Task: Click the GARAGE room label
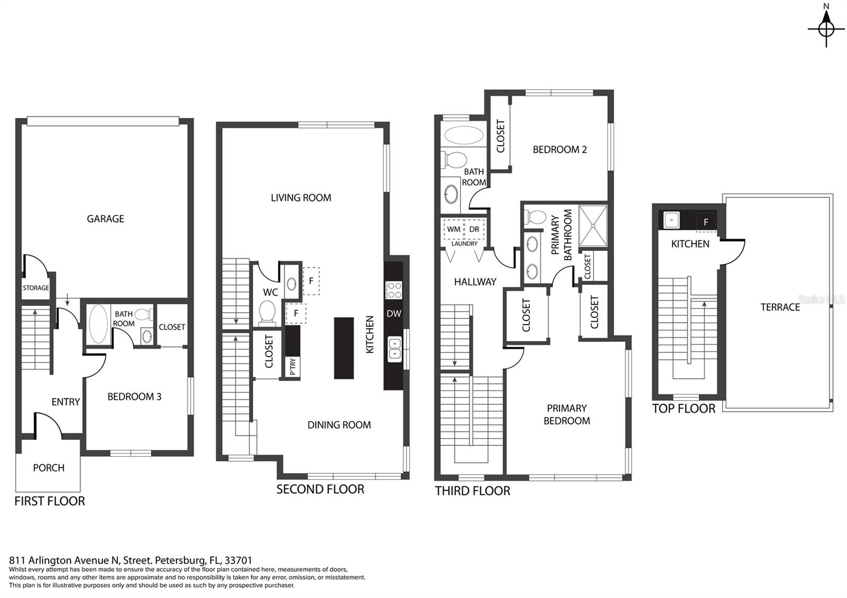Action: (x=105, y=219)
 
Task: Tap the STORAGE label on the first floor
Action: (x=35, y=288)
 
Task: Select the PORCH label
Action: (x=49, y=468)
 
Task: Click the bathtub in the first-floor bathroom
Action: (x=98, y=324)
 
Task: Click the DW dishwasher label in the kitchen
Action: (x=394, y=313)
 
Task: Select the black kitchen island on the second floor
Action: (x=344, y=348)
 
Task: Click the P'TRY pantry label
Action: (x=293, y=367)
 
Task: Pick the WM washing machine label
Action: (x=454, y=229)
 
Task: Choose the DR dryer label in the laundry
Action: (x=474, y=229)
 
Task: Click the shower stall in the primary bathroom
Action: (x=593, y=225)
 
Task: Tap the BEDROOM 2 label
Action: (x=560, y=150)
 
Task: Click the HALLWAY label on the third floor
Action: (x=475, y=282)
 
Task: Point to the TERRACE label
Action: (x=780, y=307)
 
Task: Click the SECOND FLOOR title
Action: (x=320, y=490)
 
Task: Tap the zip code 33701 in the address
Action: (x=238, y=560)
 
